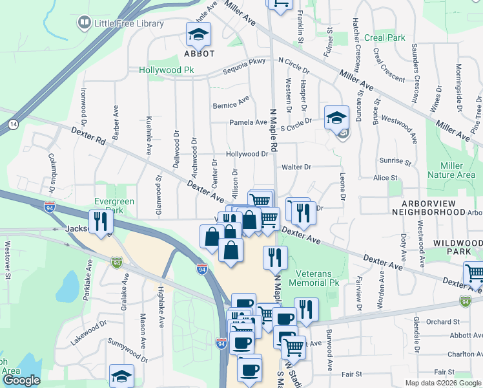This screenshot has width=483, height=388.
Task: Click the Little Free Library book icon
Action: tap(83, 24)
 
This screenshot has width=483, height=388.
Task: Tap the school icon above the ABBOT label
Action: tap(199, 35)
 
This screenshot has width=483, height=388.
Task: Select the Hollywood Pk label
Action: tap(166, 69)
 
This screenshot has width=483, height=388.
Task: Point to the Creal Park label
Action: tap(385, 38)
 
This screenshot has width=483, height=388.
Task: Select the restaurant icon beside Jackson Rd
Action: tap(101, 222)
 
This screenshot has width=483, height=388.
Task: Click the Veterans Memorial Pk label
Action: tap(314, 277)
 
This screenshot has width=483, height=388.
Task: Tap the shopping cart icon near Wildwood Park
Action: tap(475, 272)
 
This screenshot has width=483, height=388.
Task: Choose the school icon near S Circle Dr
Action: tap(335, 118)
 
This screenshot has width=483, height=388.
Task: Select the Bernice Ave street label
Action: tap(231, 102)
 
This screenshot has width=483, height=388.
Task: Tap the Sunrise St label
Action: tap(396, 160)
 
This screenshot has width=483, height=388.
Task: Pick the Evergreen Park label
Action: tap(114, 206)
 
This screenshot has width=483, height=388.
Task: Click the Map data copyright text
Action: tap(442, 382)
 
